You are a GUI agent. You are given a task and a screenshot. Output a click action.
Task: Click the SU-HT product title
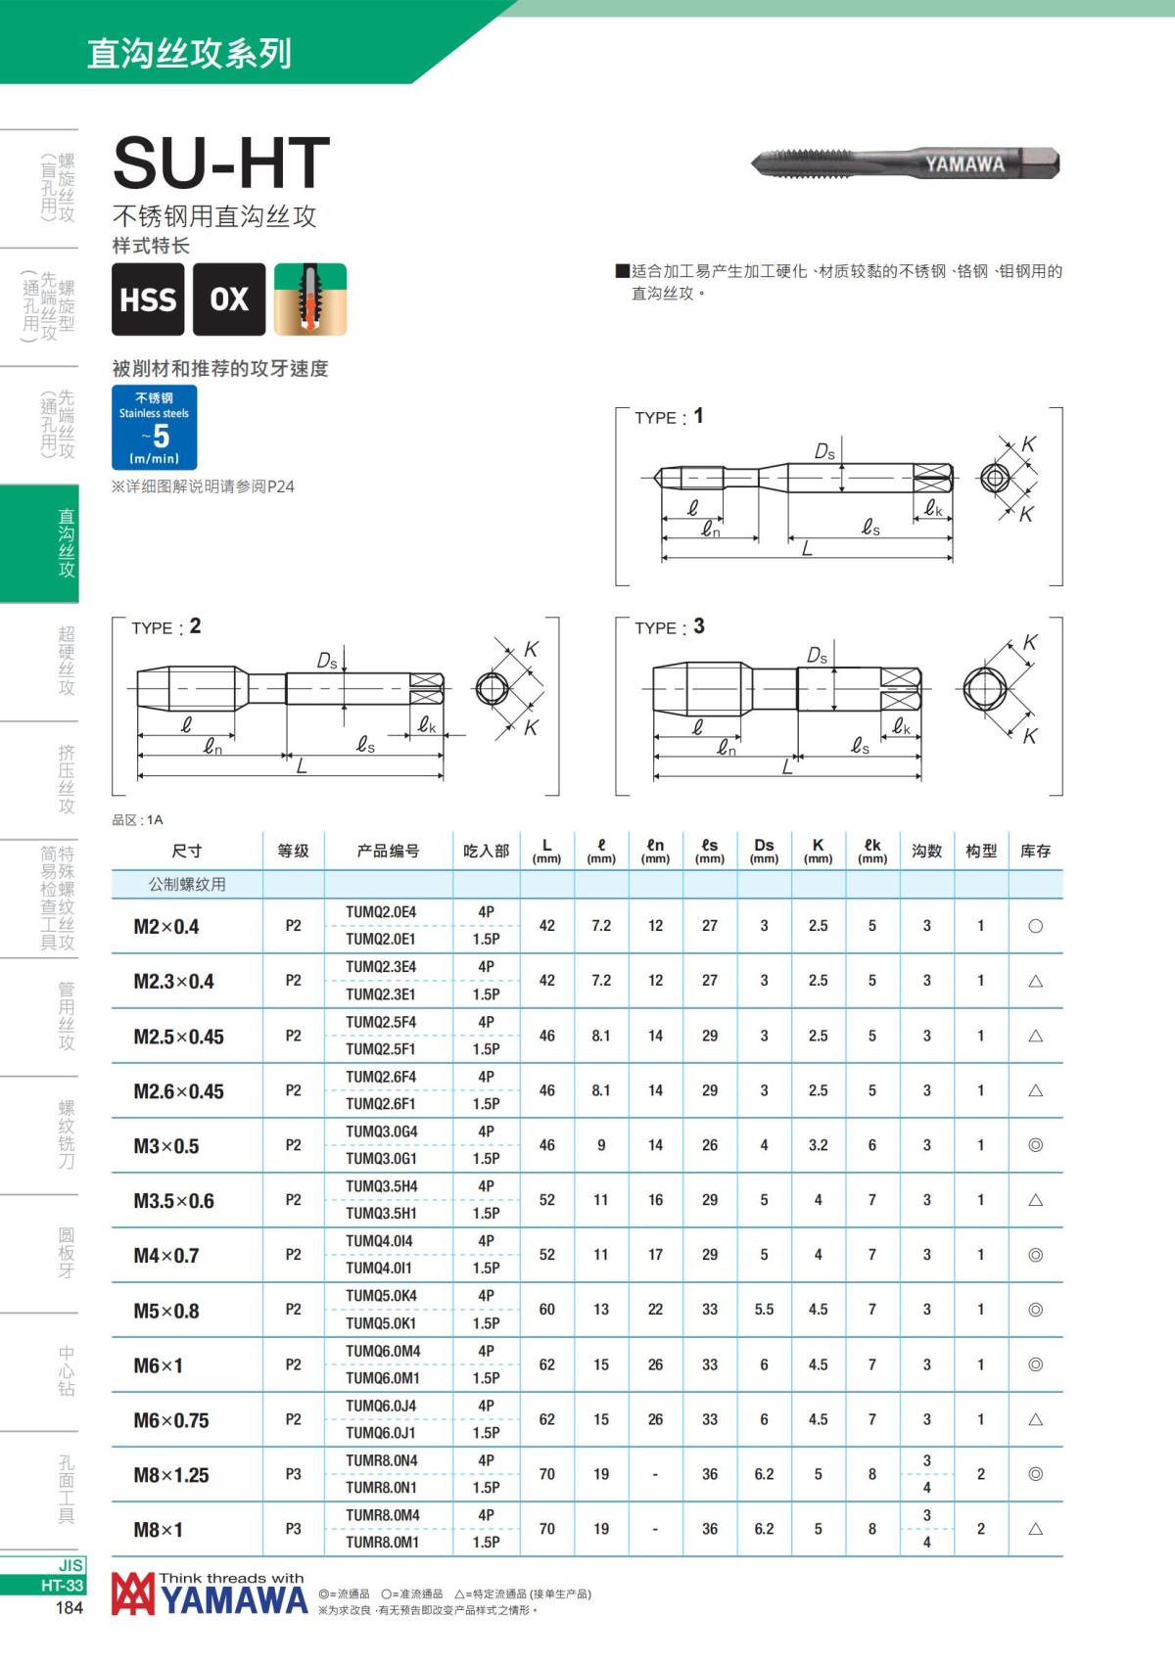tap(221, 162)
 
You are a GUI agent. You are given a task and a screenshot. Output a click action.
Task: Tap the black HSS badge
tap(148, 300)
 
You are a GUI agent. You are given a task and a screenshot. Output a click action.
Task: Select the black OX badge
tap(229, 300)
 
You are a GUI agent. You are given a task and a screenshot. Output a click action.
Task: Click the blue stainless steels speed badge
tap(155, 428)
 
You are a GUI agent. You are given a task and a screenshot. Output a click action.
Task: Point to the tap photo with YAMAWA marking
tap(906, 163)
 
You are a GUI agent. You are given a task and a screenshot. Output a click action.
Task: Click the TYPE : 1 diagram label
tap(669, 417)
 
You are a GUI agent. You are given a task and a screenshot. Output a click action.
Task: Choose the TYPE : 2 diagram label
tap(166, 627)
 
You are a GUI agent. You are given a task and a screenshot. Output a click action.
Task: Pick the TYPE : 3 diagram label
tap(670, 627)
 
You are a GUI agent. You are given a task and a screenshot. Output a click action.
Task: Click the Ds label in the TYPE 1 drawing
tap(824, 451)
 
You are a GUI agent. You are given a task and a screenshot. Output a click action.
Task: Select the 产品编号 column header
tap(388, 852)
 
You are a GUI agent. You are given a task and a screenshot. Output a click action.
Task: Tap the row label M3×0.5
tap(166, 1146)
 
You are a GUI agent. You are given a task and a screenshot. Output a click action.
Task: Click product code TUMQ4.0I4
tap(381, 1241)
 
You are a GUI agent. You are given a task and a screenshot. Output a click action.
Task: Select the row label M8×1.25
tap(171, 1475)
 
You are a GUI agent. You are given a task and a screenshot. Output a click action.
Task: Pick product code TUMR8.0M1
tap(382, 1543)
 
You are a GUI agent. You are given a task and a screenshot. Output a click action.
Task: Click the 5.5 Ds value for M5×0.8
tap(764, 1310)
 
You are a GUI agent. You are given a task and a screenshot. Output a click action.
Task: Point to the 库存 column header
tap(1035, 852)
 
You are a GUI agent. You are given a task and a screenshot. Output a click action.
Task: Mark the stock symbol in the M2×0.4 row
tap(1035, 926)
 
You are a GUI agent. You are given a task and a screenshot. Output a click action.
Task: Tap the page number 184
tap(70, 1607)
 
